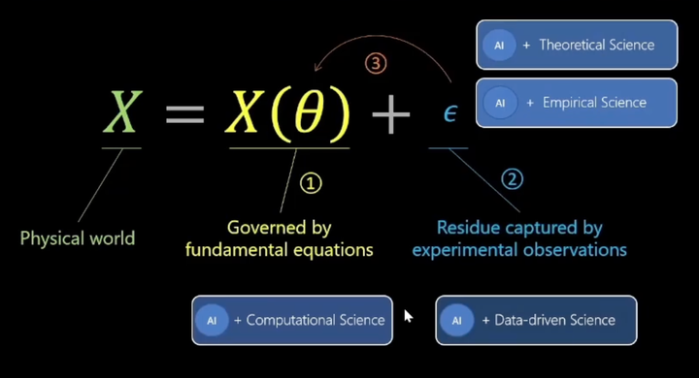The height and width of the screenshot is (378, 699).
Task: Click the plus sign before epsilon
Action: click(x=391, y=115)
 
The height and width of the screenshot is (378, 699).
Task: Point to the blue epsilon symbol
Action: click(x=450, y=114)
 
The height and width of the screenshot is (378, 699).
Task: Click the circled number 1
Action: click(x=310, y=182)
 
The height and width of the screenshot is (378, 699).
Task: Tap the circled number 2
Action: click(x=512, y=178)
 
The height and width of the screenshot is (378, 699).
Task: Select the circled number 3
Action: click(x=376, y=64)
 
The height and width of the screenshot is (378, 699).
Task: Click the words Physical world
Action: click(x=78, y=238)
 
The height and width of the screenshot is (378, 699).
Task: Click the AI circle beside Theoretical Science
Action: click(x=499, y=46)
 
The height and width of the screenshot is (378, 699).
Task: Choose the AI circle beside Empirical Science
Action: click(x=500, y=103)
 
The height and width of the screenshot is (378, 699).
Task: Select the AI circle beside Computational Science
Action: click(x=213, y=320)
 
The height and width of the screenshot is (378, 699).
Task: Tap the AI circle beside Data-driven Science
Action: click(x=457, y=320)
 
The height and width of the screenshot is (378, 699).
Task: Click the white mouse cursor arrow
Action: click(x=408, y=316)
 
